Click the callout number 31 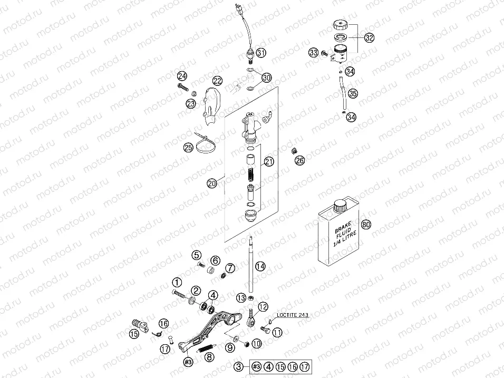(261, 53)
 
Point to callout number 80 (366, 224)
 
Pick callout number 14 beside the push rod (260, 266)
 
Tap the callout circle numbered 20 (212, 183)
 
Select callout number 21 (269, 162)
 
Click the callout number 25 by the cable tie (188, 148)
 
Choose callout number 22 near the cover (218, 81)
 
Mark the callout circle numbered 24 (182, 76)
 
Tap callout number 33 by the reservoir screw (314, 53)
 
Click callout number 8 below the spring (210, 357)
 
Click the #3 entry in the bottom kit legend (257, 367)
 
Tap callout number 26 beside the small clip (299, 160)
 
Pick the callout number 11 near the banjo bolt (277, 332)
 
